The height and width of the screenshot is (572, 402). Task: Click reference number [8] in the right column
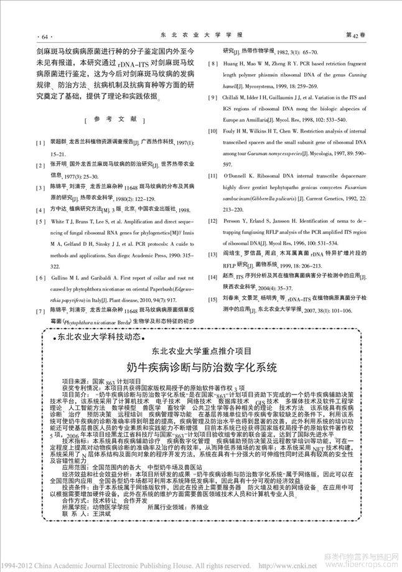[212, 63]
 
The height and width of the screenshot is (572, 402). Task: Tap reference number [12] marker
[212, 221]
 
